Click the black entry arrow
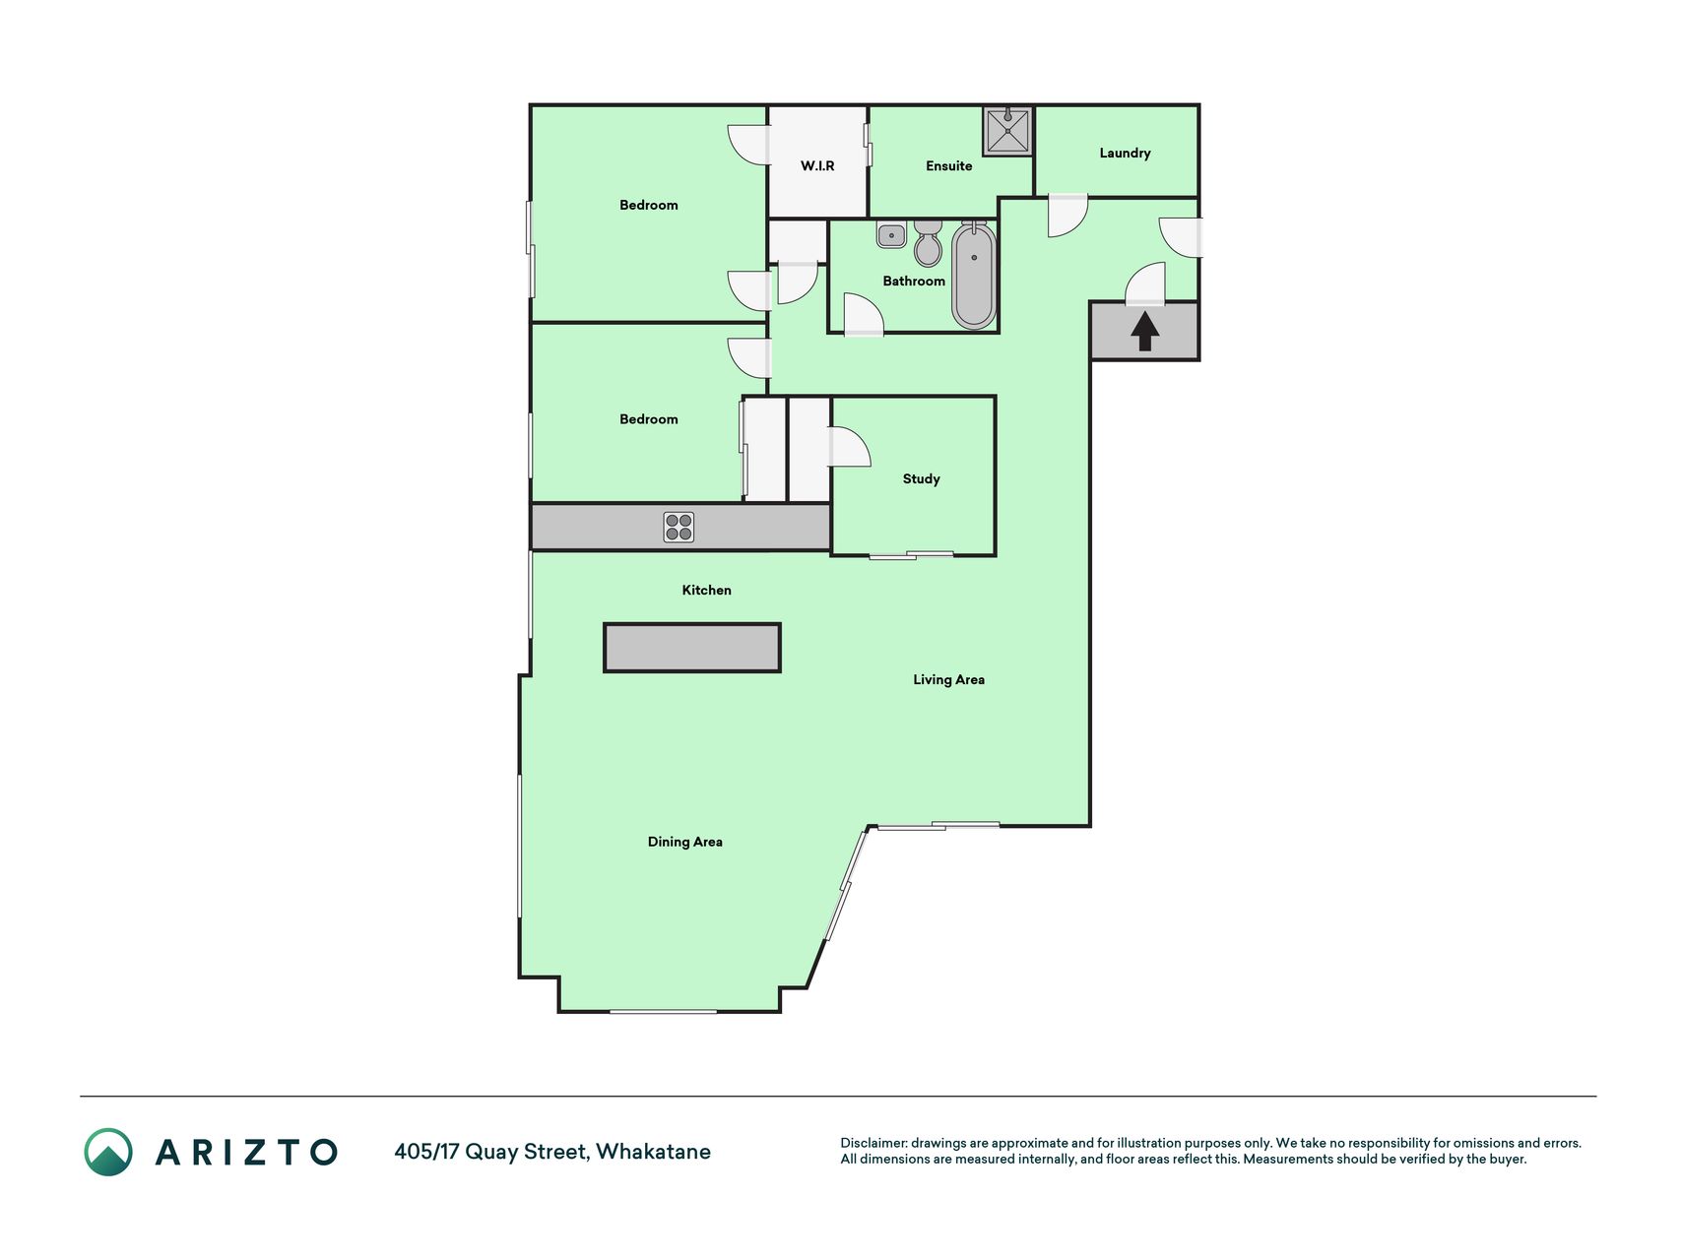click(1144, 332)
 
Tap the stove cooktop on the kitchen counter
click(679, 528)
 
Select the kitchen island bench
click(692, 648)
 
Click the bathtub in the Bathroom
click(974, 275)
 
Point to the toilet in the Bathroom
click(928, 242)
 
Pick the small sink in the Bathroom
click(891, 235)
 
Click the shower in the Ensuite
click(1007, 131)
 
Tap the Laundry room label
click(1125, 153)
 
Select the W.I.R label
click(817, 165)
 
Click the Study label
click(922, 479)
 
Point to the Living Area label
click(948, 679)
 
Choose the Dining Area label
click(685, 842)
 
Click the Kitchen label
click(707, 590)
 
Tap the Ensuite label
click(949, 165)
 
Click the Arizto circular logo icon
click(108, 1152)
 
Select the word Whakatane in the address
click(653, 1152)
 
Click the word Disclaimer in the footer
click(873, 1143)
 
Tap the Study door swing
click(850, 446)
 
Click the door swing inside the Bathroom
click(864, 315)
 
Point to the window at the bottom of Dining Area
click(663, 1011)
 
